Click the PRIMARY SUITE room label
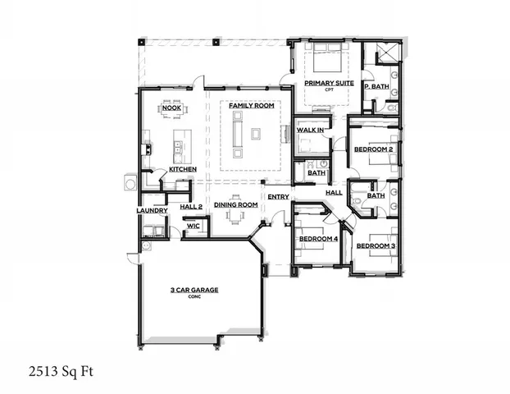click(x=329, y=83)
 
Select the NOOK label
click(x=171, y=108)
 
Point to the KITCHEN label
click(x=182, y=169)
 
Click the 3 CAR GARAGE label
click(x=194, y=290)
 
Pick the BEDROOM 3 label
click(x=376, y=245)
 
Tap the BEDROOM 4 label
click(x=318, y=238)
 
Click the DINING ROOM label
click(x=236, y=204)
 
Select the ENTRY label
click(x=278, y=196)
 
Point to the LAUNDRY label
click(x=152, y=210)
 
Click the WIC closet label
click(x=194, y=224)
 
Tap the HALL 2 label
click(x=191, y=206)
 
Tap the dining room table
click(x=236, y=216)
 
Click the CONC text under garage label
click(x=194, y=297)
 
